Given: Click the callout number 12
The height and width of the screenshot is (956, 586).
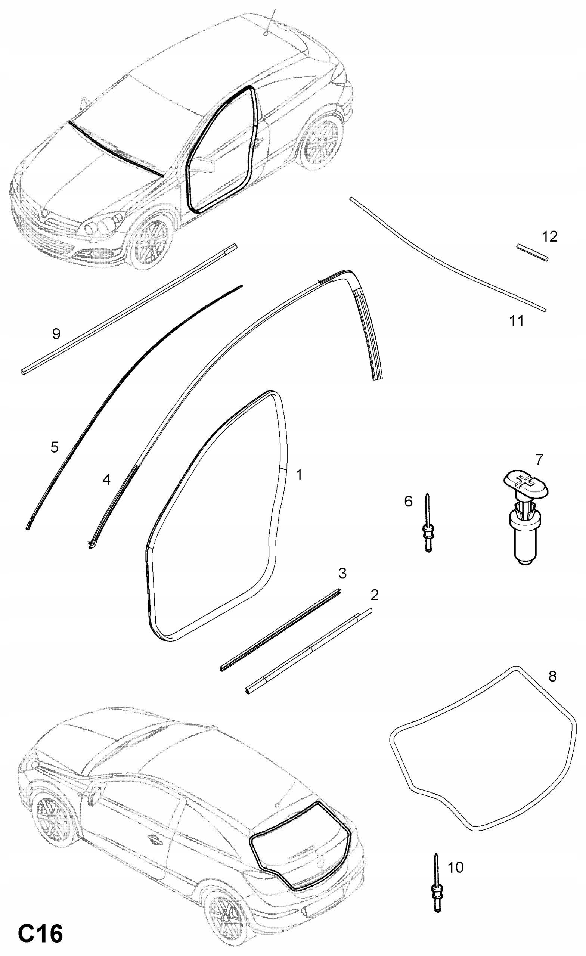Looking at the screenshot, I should (549, 236).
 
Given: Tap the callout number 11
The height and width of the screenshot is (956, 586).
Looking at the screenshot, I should (516, 321).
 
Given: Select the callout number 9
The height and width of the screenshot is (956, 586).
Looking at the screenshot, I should (56, 334).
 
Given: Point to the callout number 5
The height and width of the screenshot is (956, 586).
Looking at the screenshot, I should (54, 447).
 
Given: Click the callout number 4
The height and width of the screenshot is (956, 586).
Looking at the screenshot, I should (106, 479).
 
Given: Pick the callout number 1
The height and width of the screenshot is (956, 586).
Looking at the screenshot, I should (299, 475).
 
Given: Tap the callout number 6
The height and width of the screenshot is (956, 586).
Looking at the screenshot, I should (408, 501).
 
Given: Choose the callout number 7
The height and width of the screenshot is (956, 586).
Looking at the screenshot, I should (539, 460).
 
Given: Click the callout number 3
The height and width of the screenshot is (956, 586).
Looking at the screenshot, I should (342, 573).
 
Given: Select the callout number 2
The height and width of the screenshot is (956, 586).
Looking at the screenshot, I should (374, 595).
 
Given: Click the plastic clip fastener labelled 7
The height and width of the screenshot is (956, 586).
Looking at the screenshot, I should (526, 516).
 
